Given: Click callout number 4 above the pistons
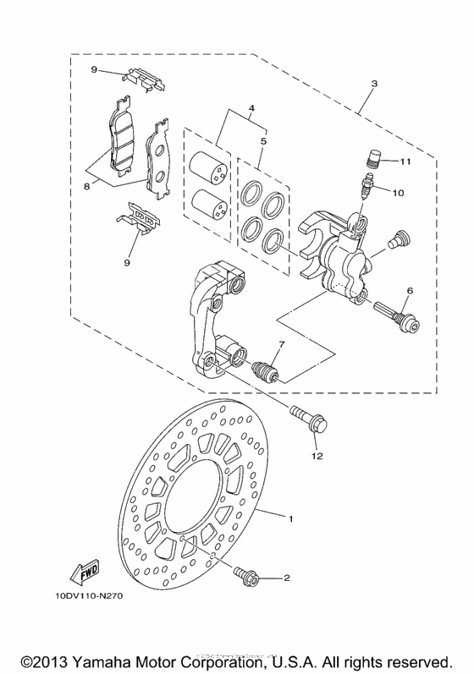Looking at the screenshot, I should (251, 109).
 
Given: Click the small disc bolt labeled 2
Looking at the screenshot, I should (247, 578).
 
